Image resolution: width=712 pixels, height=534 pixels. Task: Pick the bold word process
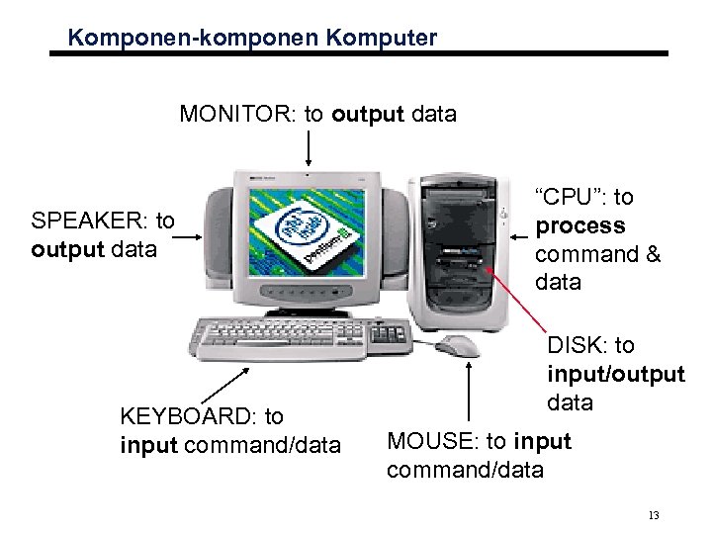pos(579,225)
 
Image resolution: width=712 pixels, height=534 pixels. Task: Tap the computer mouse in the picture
pos(457,345)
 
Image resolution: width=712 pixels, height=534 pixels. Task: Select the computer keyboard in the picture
pos(287,336)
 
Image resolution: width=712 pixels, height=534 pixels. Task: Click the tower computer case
pos(465,252)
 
